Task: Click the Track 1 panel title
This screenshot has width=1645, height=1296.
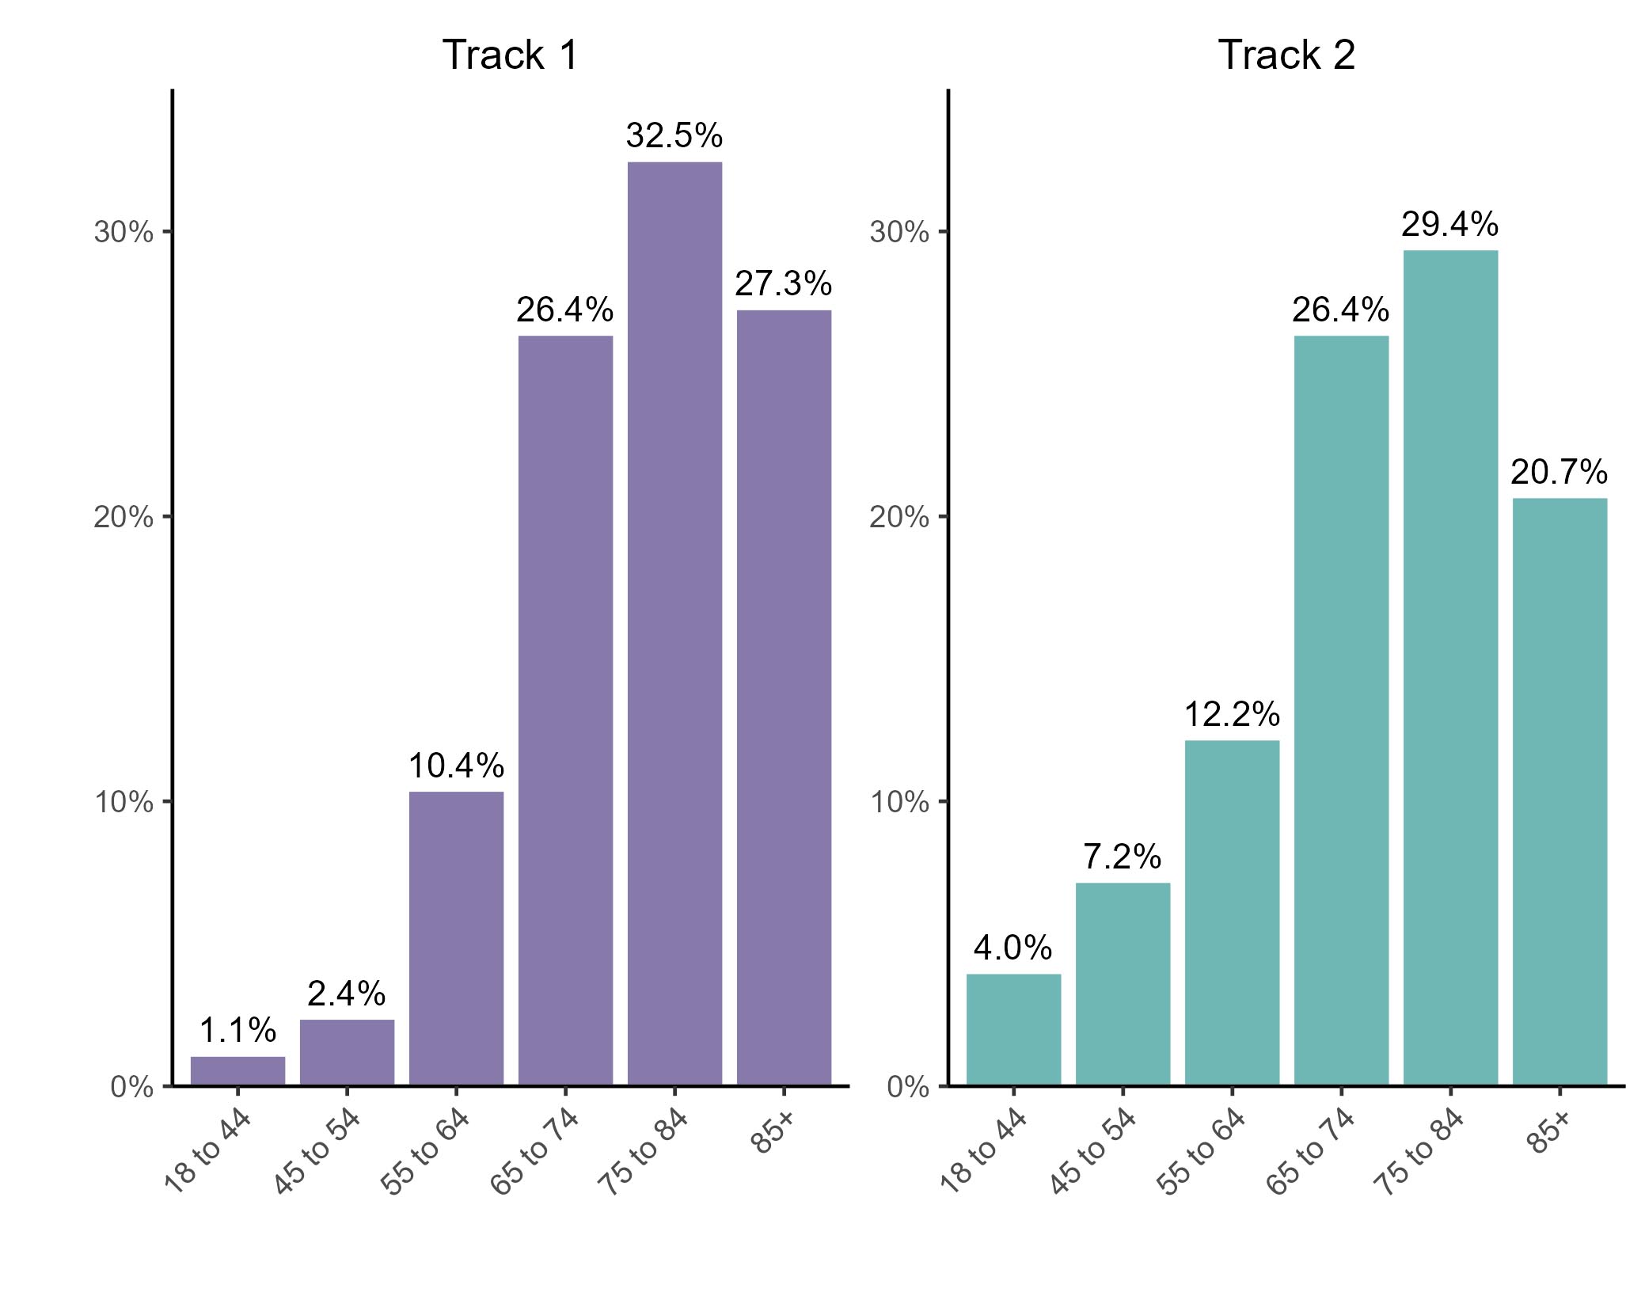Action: [511, 55]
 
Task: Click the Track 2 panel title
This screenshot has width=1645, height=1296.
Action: [1286, 55]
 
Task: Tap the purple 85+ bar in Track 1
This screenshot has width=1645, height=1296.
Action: [784, 697]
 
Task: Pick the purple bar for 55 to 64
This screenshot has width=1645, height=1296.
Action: [456, 937]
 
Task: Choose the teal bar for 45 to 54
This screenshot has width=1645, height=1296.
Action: [1123, 983]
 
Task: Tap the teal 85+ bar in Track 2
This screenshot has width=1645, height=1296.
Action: [1560, 791]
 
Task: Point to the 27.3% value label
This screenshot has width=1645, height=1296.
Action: [784, 284]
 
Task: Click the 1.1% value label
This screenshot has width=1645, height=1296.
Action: [237, 1031]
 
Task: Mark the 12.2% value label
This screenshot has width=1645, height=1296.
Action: [1232, 715]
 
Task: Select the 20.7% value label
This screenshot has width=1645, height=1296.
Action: [1559, 473]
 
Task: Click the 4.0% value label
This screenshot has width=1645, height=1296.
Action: [1012, 948]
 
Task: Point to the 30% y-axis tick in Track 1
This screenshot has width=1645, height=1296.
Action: [123, 233]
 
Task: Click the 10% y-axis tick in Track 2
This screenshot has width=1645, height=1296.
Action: [899, 802]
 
